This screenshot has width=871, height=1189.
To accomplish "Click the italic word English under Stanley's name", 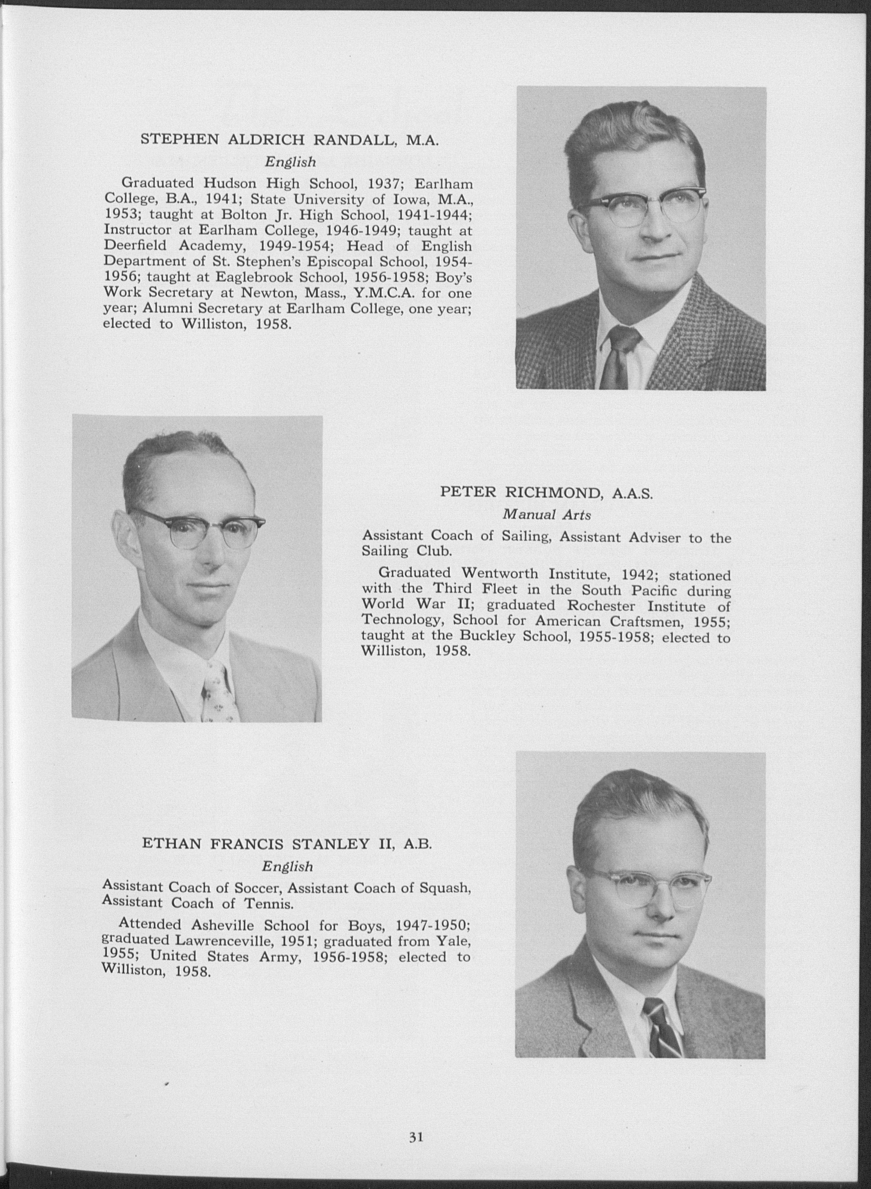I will point(287,866).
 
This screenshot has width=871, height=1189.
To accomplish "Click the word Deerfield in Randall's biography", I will point(135,246).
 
